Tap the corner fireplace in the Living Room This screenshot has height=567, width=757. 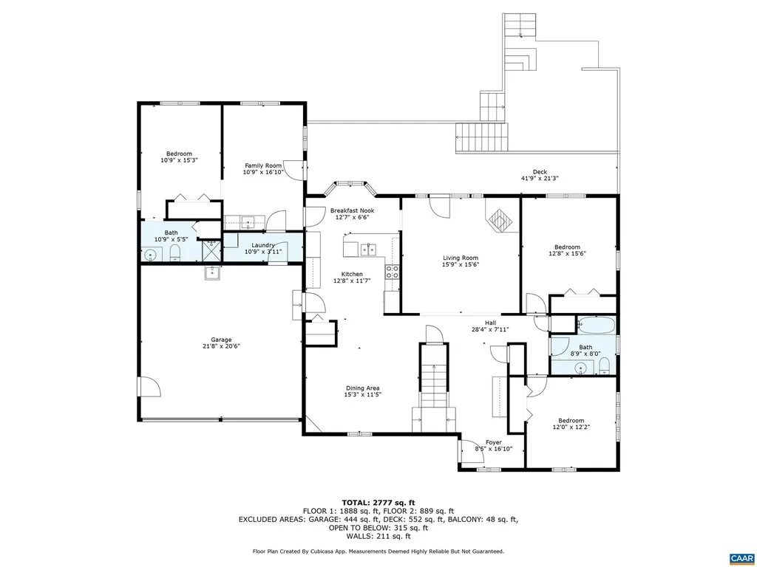click(500, 219)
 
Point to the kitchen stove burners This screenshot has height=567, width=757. click(392, 272)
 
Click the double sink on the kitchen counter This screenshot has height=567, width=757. click(367, 250)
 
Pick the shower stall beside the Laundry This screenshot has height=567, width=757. click(212, 251)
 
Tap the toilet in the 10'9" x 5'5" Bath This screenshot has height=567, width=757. click(175, 254)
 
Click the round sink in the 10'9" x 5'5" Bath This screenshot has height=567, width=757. click(151, 255)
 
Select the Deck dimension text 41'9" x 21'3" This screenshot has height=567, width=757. click(540, 179)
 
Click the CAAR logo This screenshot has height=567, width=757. click(741, 557)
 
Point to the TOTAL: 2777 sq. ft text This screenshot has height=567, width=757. click(378, 503)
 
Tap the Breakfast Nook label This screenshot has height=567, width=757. click(352, 210)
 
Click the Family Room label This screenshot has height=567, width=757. click(263, 165)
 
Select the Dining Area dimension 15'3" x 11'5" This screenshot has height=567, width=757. click(362, 395)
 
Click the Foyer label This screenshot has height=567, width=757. click(493, 442)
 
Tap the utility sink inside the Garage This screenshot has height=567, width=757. click(214, 272)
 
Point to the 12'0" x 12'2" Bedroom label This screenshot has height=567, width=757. click(571, 421)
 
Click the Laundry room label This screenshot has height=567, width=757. click(263, 245)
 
